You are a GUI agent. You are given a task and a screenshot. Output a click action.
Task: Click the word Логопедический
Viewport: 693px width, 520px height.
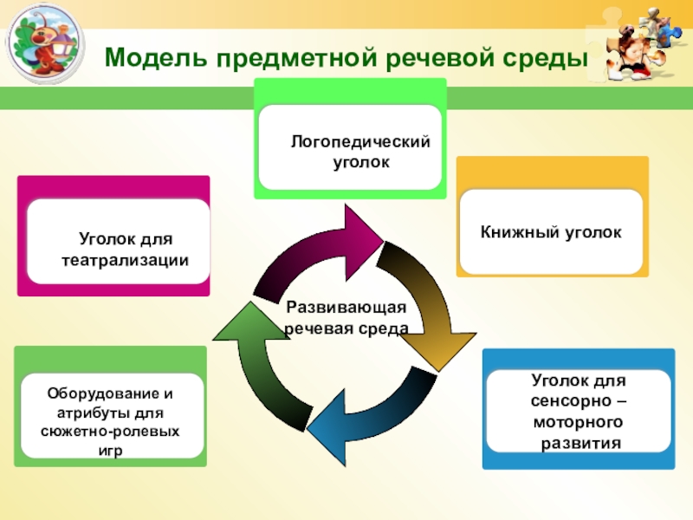[360, 142]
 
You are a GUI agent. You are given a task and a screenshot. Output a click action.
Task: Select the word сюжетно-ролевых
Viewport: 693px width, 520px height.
[111, 431]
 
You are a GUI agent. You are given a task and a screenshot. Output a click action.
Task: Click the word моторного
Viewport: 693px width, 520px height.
[579, 423]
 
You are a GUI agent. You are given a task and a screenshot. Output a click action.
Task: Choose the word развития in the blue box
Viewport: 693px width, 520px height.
[580, 443]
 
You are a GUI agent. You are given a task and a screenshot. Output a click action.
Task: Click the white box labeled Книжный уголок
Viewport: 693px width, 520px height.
[551, 232]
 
